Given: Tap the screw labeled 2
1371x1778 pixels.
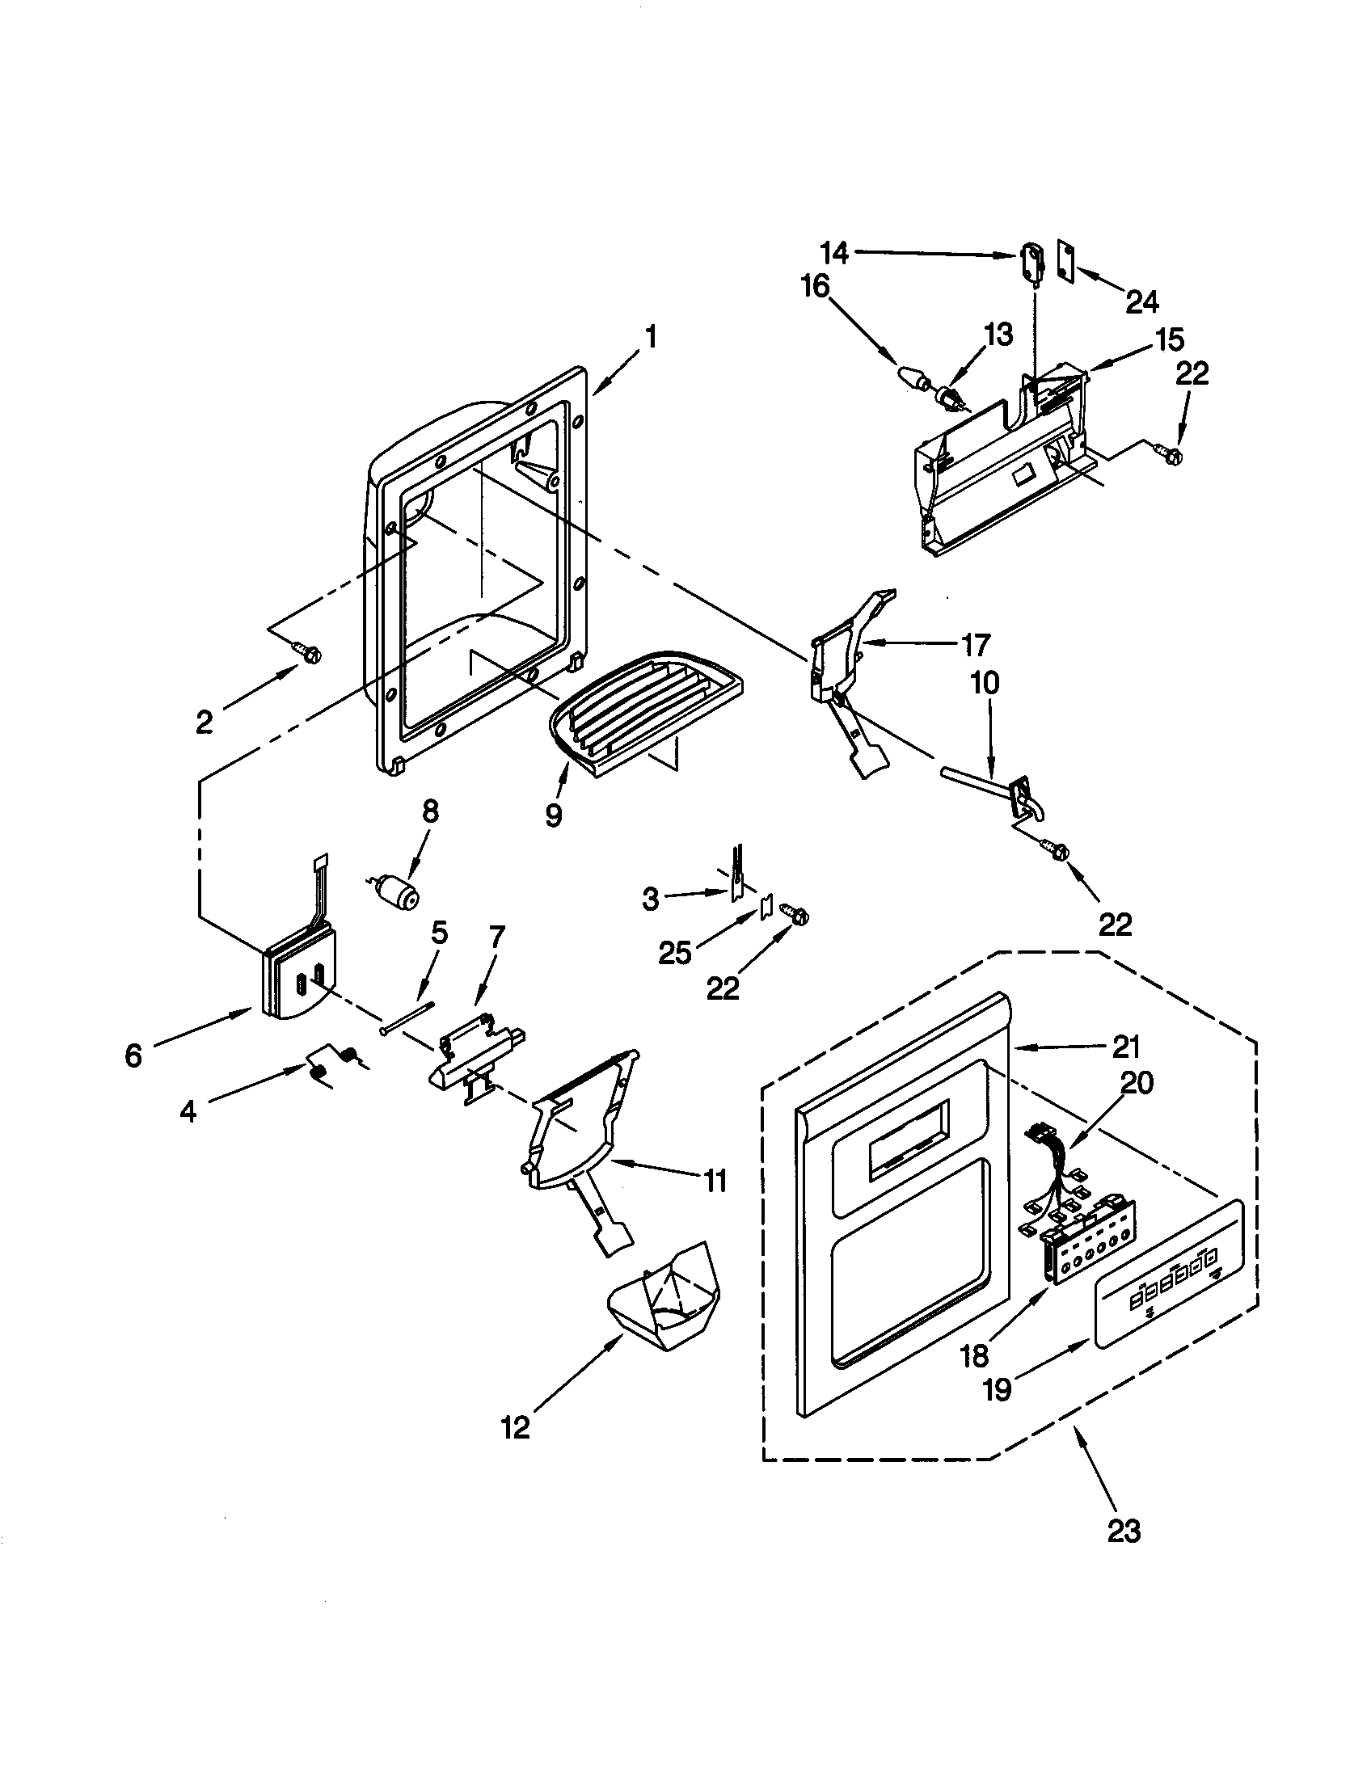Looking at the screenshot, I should click(x=309, y=651).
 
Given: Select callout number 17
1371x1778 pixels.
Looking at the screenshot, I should click(x=975, y=645).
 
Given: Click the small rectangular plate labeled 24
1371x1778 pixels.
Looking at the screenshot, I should click(x=1068, y=260).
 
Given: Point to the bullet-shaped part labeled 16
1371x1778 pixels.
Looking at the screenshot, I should click(x=915, y=379).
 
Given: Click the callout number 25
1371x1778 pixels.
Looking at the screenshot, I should click(x=675, y=952).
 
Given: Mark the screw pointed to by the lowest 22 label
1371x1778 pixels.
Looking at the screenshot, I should click(x=795, y=915).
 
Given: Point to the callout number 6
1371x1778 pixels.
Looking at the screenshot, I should click(x=133, y=1056).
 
